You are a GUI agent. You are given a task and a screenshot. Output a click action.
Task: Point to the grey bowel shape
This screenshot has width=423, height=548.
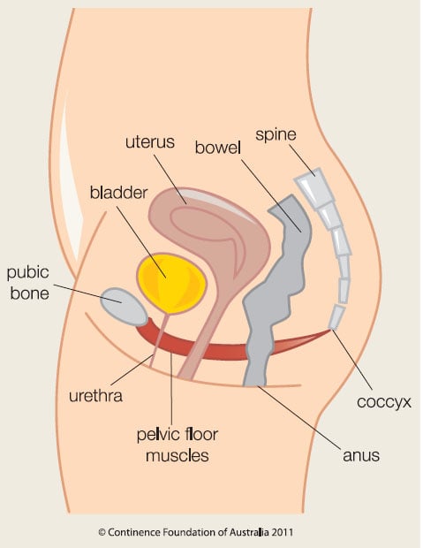[274, 292]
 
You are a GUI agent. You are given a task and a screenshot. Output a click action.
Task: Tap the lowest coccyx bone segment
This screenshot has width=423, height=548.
[336, 316]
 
